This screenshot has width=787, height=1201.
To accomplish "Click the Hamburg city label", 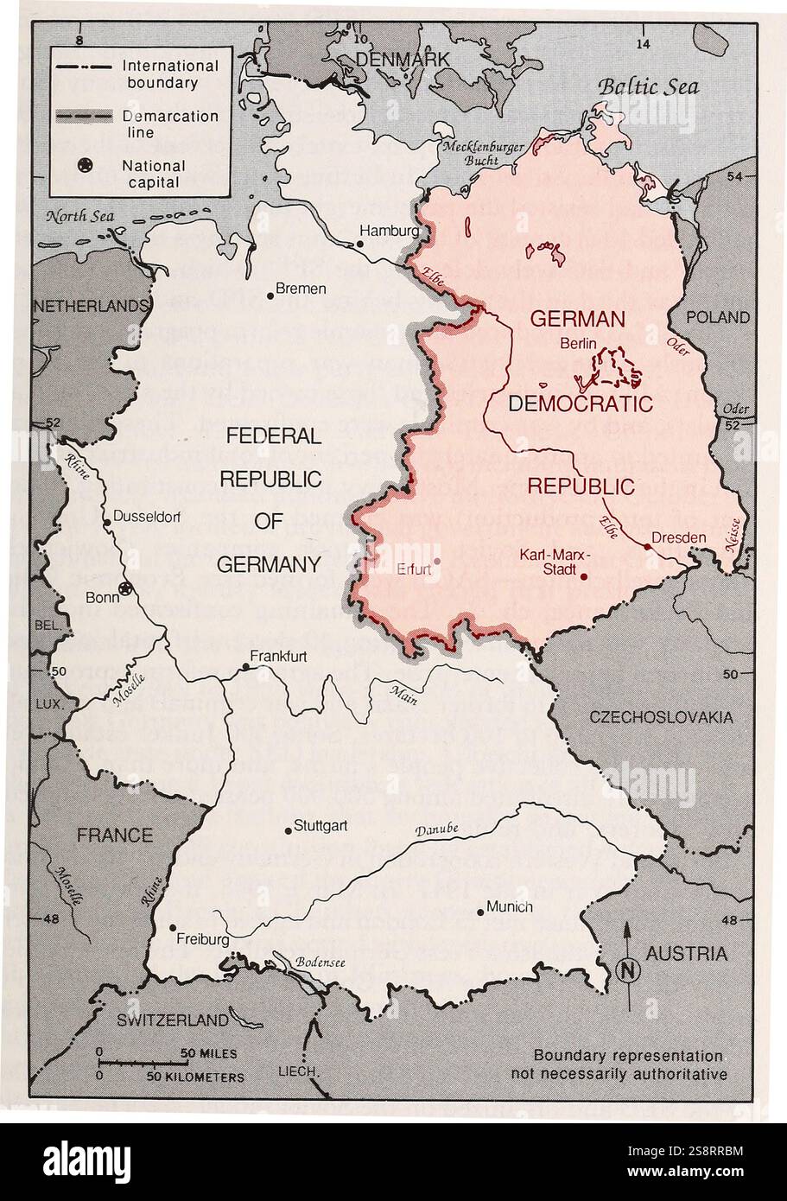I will (x=390, y=232).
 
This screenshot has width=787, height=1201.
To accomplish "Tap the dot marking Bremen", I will (x=270, y=295).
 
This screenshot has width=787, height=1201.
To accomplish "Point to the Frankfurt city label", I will (x=279, y=656).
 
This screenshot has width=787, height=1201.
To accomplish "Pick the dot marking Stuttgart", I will (x=289, y=830).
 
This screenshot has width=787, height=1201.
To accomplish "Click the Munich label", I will (x=510, y=906).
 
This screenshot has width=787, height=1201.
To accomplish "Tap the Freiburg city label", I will (x=202, y=939).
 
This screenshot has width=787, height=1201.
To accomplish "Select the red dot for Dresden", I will (x=647, y=546).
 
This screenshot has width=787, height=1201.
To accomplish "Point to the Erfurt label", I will (x=414, y=569).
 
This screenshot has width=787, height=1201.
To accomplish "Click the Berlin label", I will (x=579, y=343).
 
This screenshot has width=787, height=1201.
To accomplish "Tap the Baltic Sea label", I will (x=648, y=86).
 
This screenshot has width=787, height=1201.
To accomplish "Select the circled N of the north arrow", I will (x=629, y=969).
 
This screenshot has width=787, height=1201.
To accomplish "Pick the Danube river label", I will (x=436, y=830).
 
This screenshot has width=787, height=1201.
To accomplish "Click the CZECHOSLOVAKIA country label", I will (x=661, y=717).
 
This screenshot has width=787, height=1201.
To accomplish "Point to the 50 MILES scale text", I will (x=208, y=1054).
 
